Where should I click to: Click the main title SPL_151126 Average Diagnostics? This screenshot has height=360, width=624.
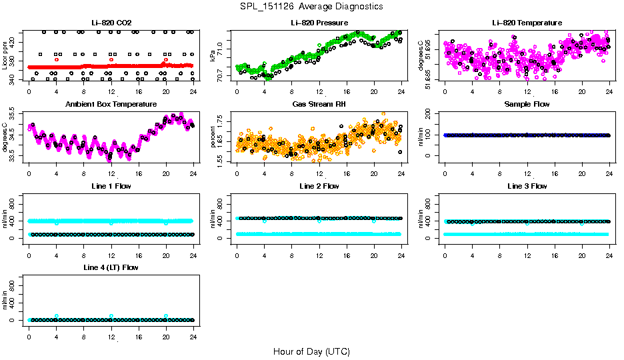[x=312, y=6]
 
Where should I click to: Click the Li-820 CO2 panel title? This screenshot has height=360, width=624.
[x=111, y=23]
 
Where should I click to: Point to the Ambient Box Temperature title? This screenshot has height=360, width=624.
[x=111, y=105]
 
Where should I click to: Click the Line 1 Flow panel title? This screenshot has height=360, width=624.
[x=111, y=186]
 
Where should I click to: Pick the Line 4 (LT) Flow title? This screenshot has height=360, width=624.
[x=111, y=267]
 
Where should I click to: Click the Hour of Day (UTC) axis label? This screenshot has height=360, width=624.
[x=311, y=351]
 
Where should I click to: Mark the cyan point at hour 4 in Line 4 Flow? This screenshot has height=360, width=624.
[x=57, y=316]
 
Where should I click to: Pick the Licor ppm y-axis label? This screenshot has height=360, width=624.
[x=6, y=56]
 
